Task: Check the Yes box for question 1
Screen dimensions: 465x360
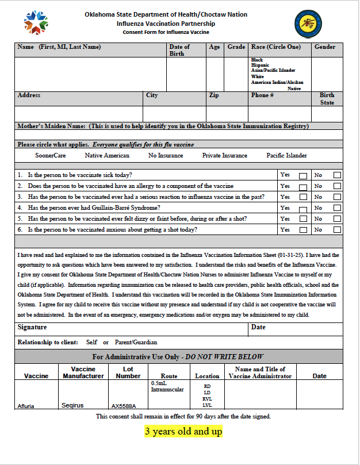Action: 303,175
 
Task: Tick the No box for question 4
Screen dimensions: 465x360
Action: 337,208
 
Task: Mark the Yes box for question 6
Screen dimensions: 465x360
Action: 303,230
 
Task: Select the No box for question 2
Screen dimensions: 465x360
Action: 337,186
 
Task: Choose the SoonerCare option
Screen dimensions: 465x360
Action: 51,156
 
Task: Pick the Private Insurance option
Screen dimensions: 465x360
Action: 224,156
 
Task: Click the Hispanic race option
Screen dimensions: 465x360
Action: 260,66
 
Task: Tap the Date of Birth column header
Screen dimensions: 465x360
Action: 179,50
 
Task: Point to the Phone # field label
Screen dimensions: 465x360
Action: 262,95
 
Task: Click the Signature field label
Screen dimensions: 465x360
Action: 32,327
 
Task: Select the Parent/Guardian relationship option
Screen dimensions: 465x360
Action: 136,343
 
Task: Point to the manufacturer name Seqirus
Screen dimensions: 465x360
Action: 72,405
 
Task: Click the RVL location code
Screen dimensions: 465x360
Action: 207,399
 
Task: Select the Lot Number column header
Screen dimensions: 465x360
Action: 128,372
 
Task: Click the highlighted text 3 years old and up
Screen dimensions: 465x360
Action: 183,431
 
